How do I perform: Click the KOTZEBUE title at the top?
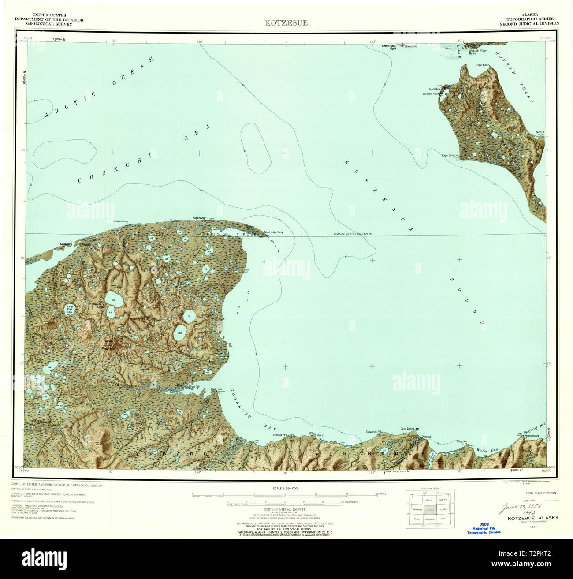(x=286, y=23)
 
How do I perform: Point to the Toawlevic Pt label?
(x=373, y=432)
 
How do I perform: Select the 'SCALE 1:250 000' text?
(x=286, y=489)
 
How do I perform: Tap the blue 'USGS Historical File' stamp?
(x=484, y=528)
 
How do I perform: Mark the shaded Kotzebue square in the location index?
(x=430, y=509)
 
